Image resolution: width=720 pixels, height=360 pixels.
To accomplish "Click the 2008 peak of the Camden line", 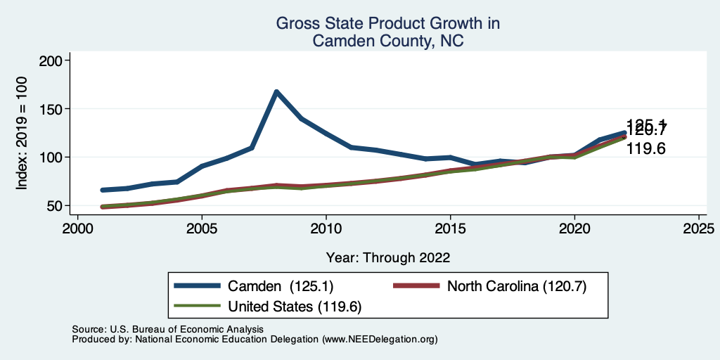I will (276, 92).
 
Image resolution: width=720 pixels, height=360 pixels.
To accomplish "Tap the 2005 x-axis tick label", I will (202, 229).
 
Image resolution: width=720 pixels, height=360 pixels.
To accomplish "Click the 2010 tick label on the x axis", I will (326, 229).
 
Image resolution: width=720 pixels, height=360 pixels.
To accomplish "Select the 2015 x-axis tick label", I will (450, 229).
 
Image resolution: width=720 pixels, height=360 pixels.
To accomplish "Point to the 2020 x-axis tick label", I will (574, 229).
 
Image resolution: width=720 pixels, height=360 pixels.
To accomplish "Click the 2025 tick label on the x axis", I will (699, 229).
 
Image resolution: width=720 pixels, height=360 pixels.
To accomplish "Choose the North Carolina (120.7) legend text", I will (516, 285).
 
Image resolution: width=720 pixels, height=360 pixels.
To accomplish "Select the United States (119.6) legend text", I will (295, 307).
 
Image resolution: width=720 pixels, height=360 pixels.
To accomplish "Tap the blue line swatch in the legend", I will (198, 285).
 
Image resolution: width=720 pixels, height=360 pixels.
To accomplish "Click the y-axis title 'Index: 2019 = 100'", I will (22, 134).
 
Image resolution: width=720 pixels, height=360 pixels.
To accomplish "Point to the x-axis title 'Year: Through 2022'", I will (388, 257).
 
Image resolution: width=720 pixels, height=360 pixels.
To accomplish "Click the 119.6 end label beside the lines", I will (645, 149).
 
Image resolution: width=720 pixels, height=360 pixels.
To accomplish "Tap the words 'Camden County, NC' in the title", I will (388, 41).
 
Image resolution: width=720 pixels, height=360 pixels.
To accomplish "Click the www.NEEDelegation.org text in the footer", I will (380, 339).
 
